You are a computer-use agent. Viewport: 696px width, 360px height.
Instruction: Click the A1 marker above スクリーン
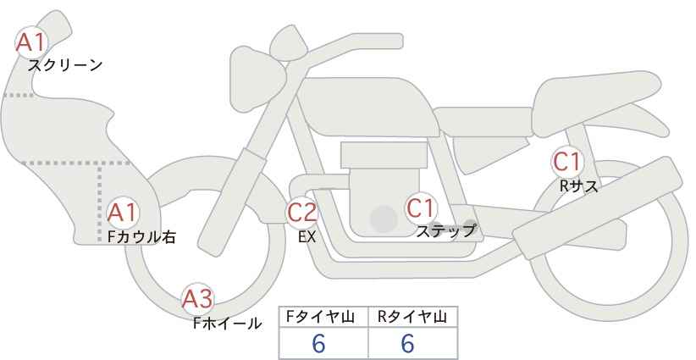33,41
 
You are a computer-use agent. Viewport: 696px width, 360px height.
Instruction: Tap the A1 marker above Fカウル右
123,213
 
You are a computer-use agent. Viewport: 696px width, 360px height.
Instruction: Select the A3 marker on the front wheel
198,298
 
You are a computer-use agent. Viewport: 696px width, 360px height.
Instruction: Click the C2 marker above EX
302,211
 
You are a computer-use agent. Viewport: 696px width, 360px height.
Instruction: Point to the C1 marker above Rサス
566,161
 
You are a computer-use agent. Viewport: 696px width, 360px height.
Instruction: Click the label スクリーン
65,65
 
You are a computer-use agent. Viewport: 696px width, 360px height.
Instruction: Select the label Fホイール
228,323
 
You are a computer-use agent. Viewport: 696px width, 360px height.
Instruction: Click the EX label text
307,237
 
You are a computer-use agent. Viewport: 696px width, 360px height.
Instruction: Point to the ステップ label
446,230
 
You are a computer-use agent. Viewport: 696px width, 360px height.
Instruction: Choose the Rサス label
578,186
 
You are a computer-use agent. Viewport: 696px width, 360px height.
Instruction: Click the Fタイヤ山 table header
323,317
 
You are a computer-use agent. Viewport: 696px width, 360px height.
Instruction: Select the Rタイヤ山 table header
412,317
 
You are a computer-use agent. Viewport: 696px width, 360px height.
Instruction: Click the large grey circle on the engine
384,219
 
